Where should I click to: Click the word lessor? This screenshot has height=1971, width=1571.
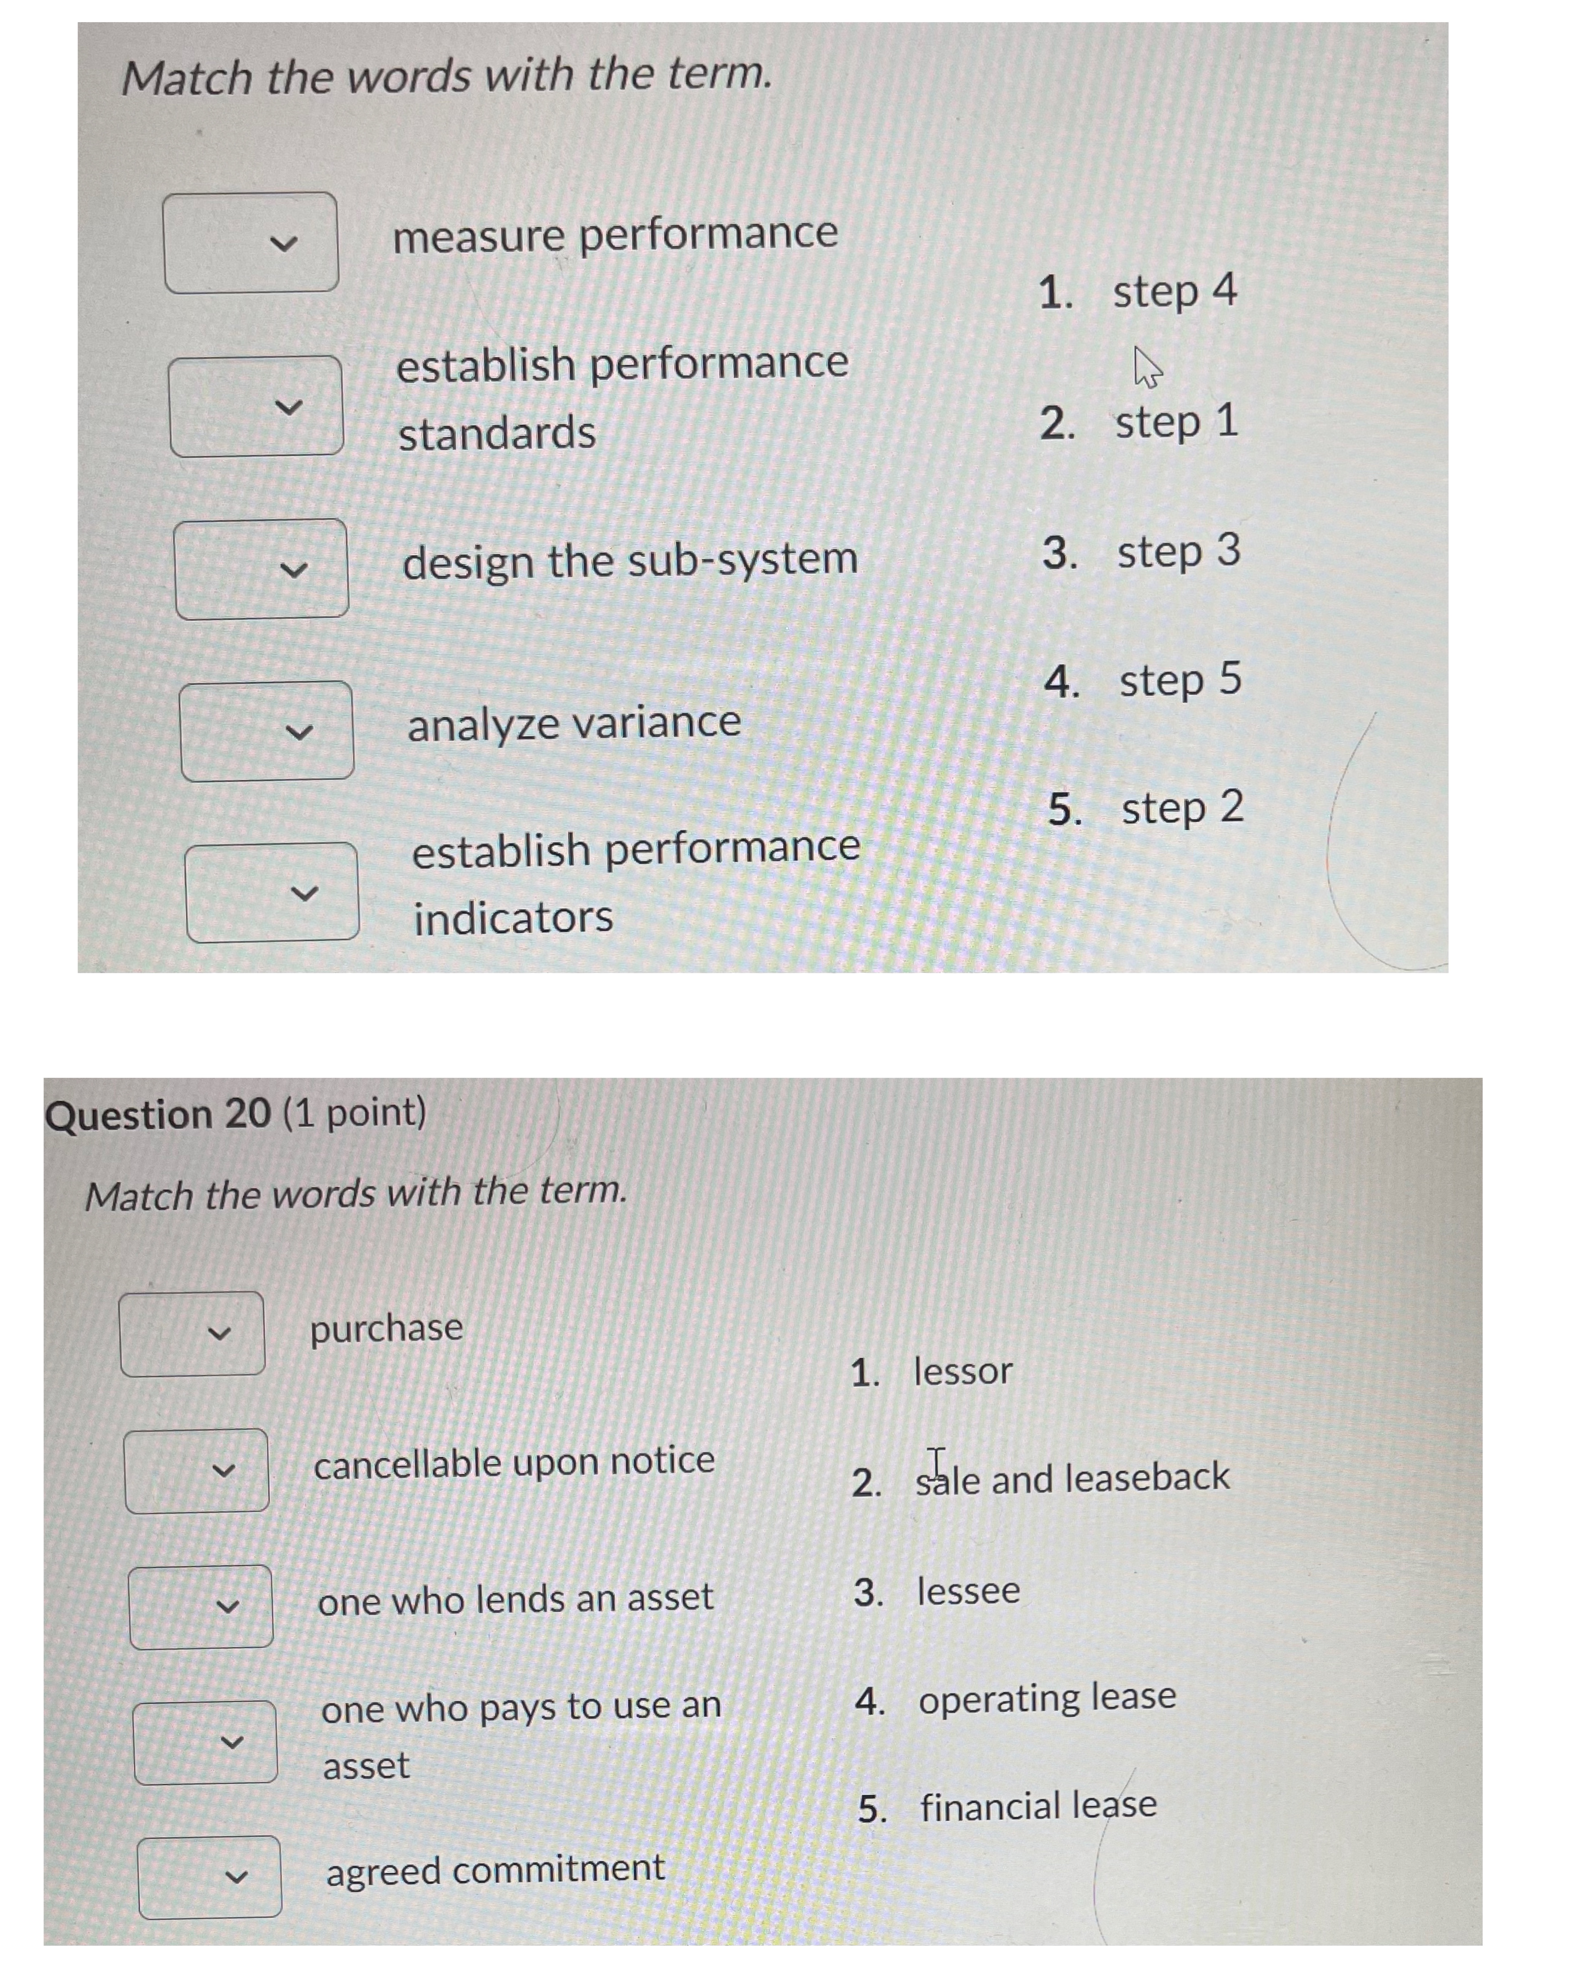click(x=963, y=1371)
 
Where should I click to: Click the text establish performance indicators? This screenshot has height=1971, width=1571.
click(x=635, y=882)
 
